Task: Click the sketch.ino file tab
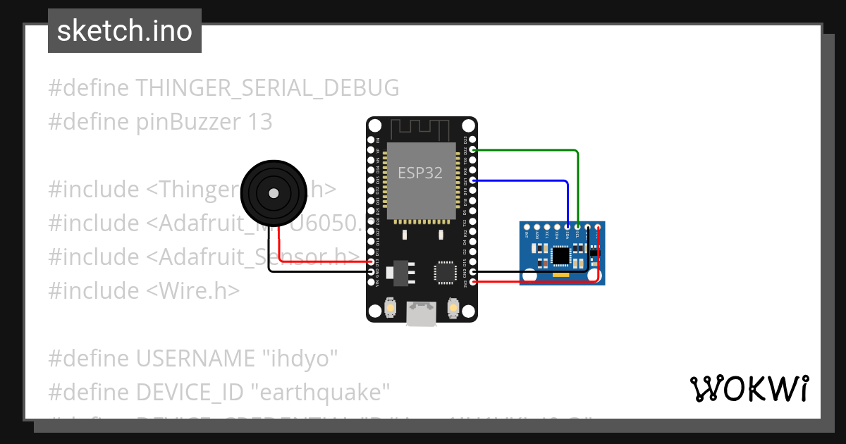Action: (x=125, y=31)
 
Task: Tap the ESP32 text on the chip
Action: (x=420, y=173)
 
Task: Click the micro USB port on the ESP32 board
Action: (x=421, y=314)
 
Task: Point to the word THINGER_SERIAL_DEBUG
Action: (x=267, y=88)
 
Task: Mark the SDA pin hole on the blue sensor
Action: (x=568, y=227)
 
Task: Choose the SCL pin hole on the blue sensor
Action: (x=577, y=227)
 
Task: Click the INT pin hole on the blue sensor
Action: (x=527, y=227)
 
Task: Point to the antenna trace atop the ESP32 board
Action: (x=420, y=129)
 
